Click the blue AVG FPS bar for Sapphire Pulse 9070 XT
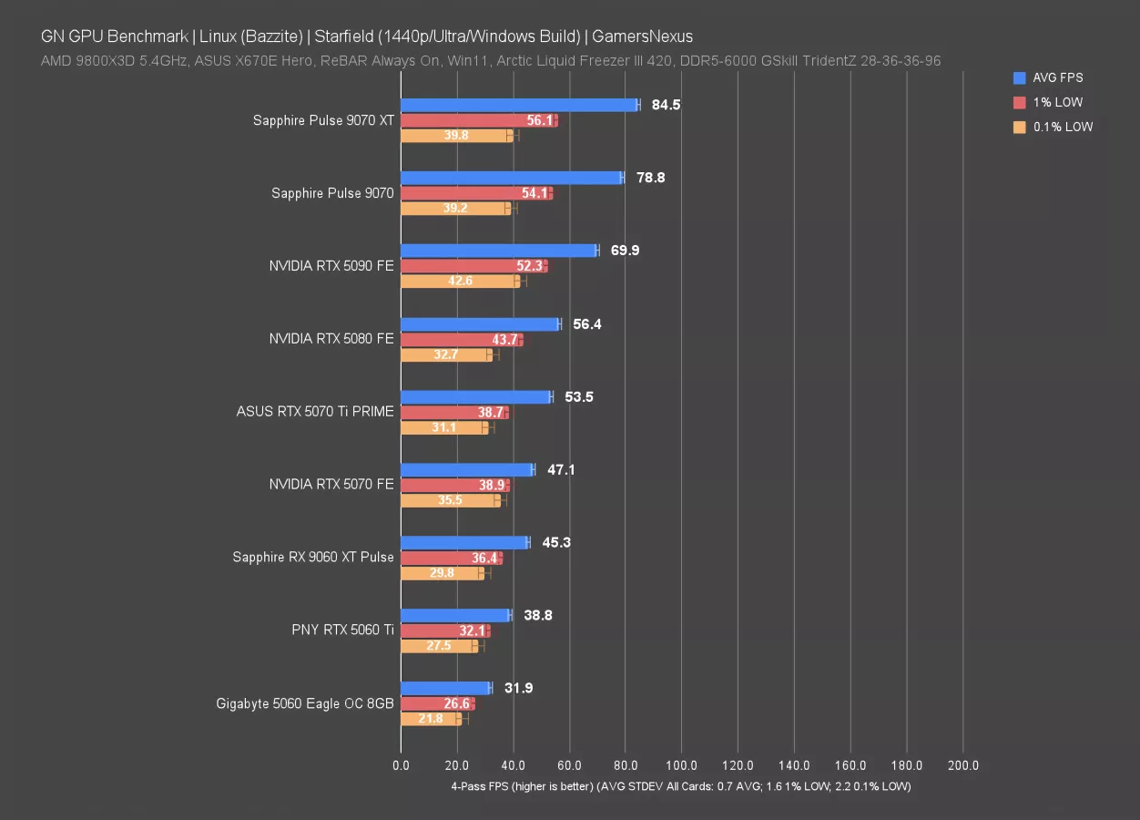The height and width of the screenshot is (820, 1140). pos(519,105)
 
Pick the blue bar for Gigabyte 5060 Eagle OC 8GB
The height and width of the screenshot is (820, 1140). pos(444,688)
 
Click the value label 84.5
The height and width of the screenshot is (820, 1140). pos(666,105)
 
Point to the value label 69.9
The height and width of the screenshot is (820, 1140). pos(625,251)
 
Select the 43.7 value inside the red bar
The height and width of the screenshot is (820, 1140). pos(504,339)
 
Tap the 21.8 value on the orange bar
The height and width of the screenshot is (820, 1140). pos(431,719)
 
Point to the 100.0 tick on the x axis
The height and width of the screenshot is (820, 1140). pos(682,766)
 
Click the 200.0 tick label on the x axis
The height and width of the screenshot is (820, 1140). pos(963,766)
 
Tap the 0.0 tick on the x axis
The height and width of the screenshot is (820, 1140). pos(401,766)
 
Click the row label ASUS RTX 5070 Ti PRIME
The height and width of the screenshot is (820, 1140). pos(315,412)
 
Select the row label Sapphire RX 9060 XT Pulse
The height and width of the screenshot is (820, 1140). pos(313,558)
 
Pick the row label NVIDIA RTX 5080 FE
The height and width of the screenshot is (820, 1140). pos(331,339)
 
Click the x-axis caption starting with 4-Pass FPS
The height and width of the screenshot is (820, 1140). pos(680,785)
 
